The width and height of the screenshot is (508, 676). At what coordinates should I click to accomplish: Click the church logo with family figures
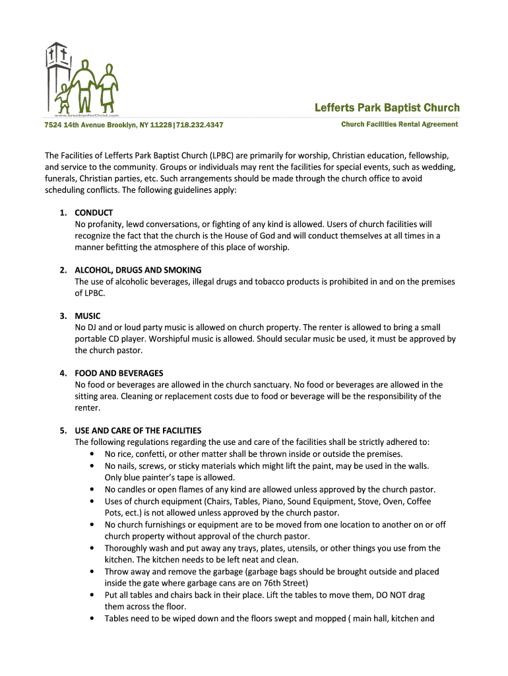(x=81, y=78)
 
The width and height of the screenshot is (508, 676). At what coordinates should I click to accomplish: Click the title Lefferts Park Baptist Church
(x=387, y=108)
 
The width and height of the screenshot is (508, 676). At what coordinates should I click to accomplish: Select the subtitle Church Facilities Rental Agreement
(x=399, y=124)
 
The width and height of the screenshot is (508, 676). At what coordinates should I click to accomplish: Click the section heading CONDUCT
(x=94, y=213)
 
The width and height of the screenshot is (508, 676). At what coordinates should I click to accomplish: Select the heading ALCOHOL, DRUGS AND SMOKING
(x=138, y=270)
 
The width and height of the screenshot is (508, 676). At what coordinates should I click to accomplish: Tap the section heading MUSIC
(x=88, y=316)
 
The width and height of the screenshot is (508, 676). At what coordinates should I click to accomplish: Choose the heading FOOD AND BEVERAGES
(x=119, y=373)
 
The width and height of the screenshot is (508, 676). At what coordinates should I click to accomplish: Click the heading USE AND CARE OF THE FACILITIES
(x=138, y=430)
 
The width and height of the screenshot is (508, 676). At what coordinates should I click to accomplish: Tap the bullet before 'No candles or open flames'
(x=90, y=490)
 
